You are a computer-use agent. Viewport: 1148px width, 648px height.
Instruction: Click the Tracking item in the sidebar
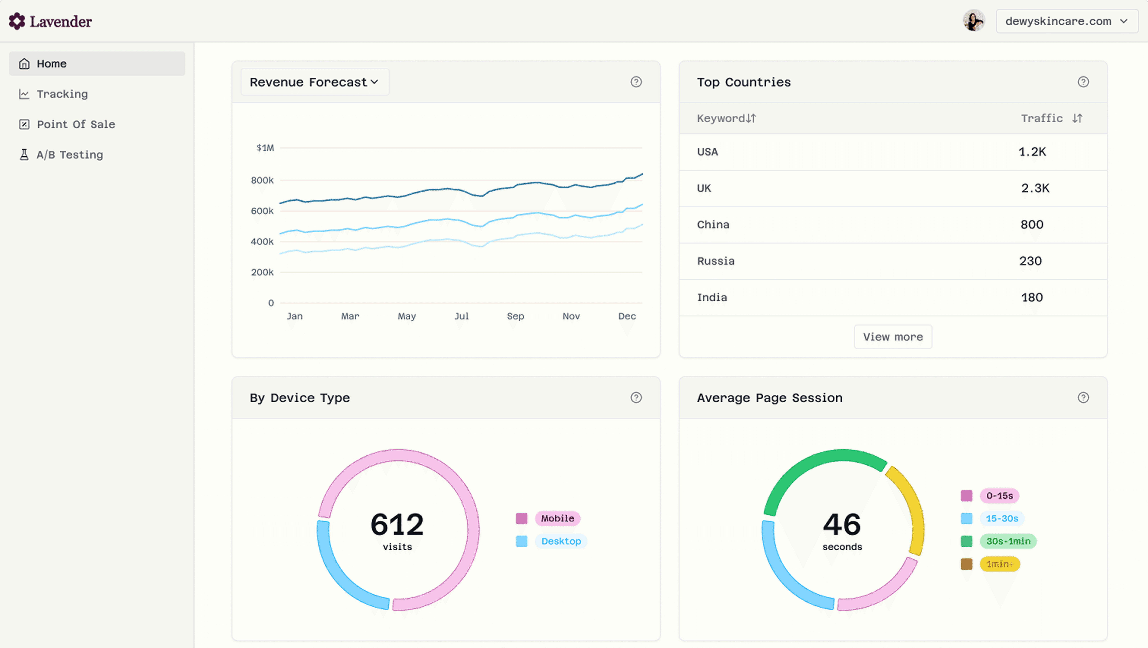point(62,94)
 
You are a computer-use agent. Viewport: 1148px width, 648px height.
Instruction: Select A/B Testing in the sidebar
point(70,155)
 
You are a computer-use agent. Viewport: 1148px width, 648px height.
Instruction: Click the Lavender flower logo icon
point(17,21)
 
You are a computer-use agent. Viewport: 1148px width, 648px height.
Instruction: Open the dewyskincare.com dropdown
point(1067,21)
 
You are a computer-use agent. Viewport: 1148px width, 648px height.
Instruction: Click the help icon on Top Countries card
point(1083,82)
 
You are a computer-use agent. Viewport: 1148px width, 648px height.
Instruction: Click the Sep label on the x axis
point(515,316)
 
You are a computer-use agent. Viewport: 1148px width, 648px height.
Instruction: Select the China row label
point(713,224)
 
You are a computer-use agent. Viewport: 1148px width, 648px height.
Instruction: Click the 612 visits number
point(397,525)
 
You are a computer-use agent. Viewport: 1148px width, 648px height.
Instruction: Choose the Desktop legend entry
point(561,541)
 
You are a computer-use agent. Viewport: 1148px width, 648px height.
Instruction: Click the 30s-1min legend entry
point(1008,541)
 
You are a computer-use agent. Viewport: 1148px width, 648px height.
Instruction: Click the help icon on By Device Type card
point(636,398)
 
